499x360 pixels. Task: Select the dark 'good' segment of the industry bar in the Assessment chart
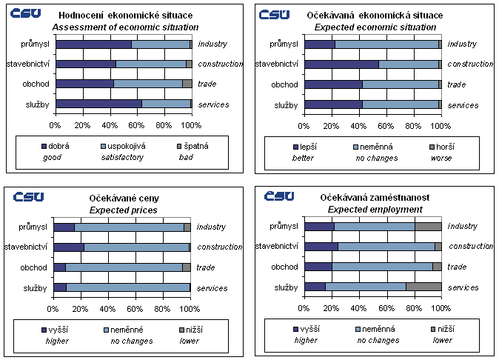pyautogui.click(x=93, y=44)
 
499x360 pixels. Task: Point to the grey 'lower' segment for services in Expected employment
pyautogui.click(x=423, y=287)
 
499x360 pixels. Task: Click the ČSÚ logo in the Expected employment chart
pyautogui.click(x=279, y=196)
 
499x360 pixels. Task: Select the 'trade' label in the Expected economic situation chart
pyautogui.click(x=457, y=84)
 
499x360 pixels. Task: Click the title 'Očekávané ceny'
pyautogui.click(x=124, y=199)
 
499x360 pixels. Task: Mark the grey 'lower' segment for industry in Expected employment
pyautogui.click(x=428, y=226)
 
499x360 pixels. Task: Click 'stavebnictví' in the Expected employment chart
pyautogui.click(x=276, y=247)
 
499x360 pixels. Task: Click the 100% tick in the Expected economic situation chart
pyautogui.click(x=441, y=124)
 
